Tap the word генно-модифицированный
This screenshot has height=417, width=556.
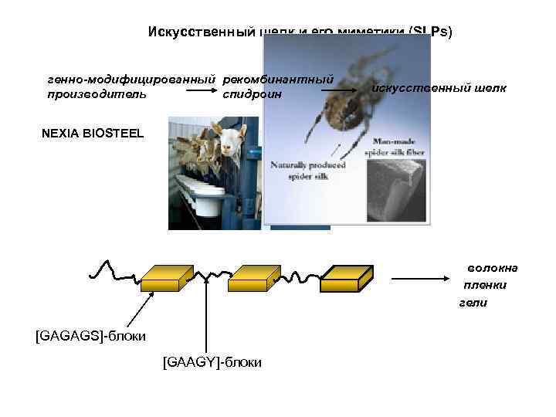[132, 80]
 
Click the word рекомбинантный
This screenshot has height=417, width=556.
[278, 80]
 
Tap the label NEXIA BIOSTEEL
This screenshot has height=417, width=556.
[93, 133]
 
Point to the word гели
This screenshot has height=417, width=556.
[474, 303]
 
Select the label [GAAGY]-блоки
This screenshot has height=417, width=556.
[212, 361]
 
